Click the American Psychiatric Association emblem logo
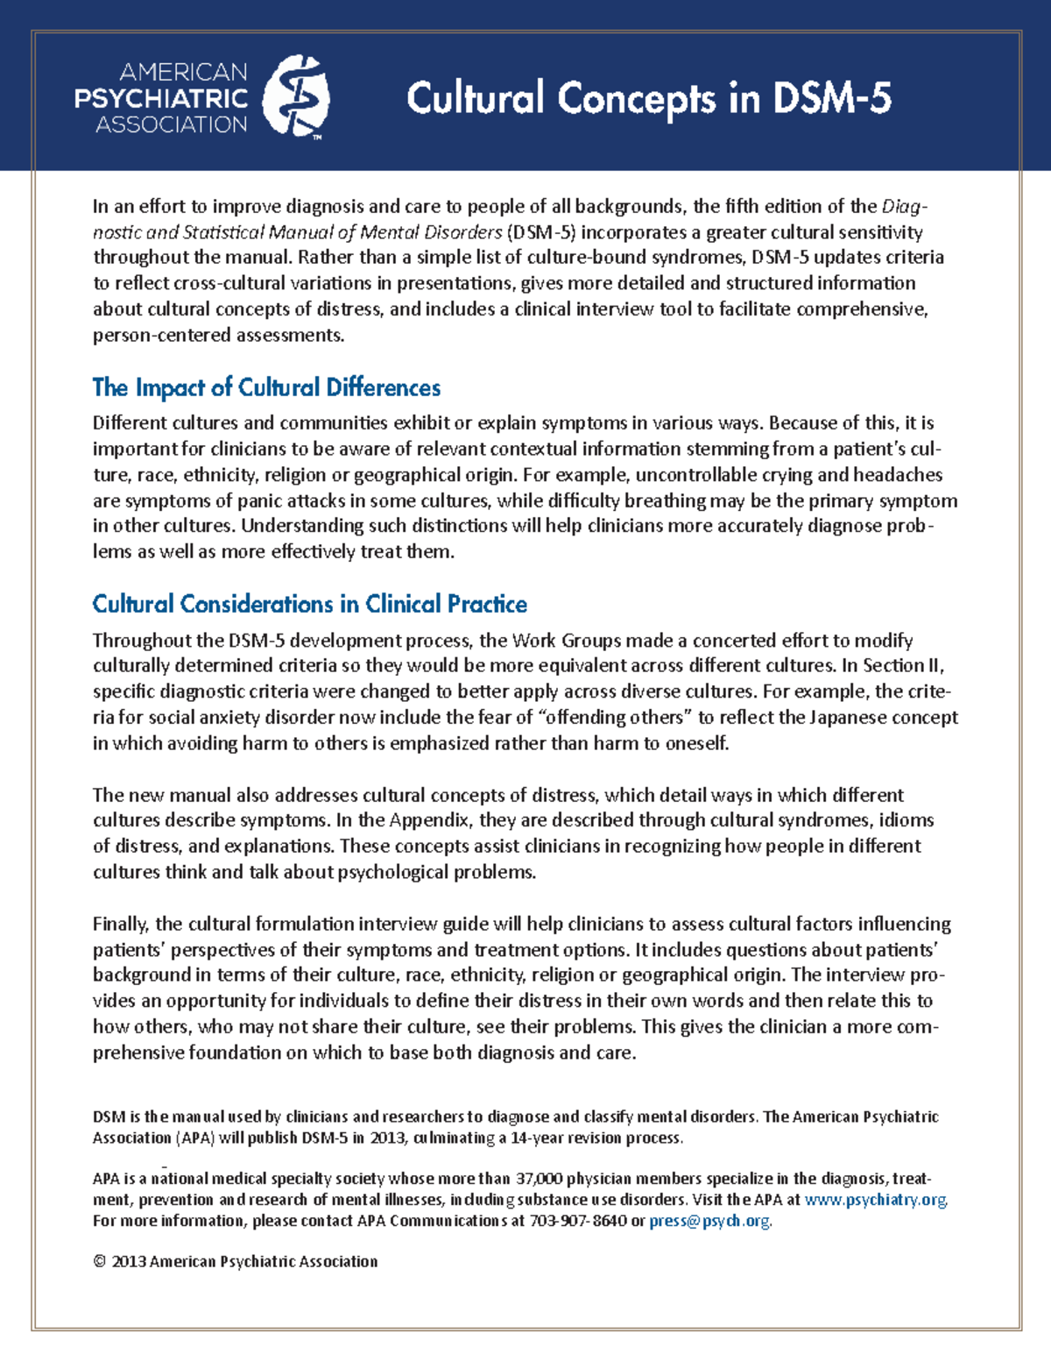tap(296, 96)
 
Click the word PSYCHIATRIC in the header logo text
tap(161, 98)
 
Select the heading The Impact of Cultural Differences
tap(266, 387)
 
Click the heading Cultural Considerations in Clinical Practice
tap(309, 604)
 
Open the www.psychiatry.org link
tap(875, 1200)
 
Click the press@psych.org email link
tap(709, 1221)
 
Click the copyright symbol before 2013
tap(99, 1261)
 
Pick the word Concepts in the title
tap(636, 98)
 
